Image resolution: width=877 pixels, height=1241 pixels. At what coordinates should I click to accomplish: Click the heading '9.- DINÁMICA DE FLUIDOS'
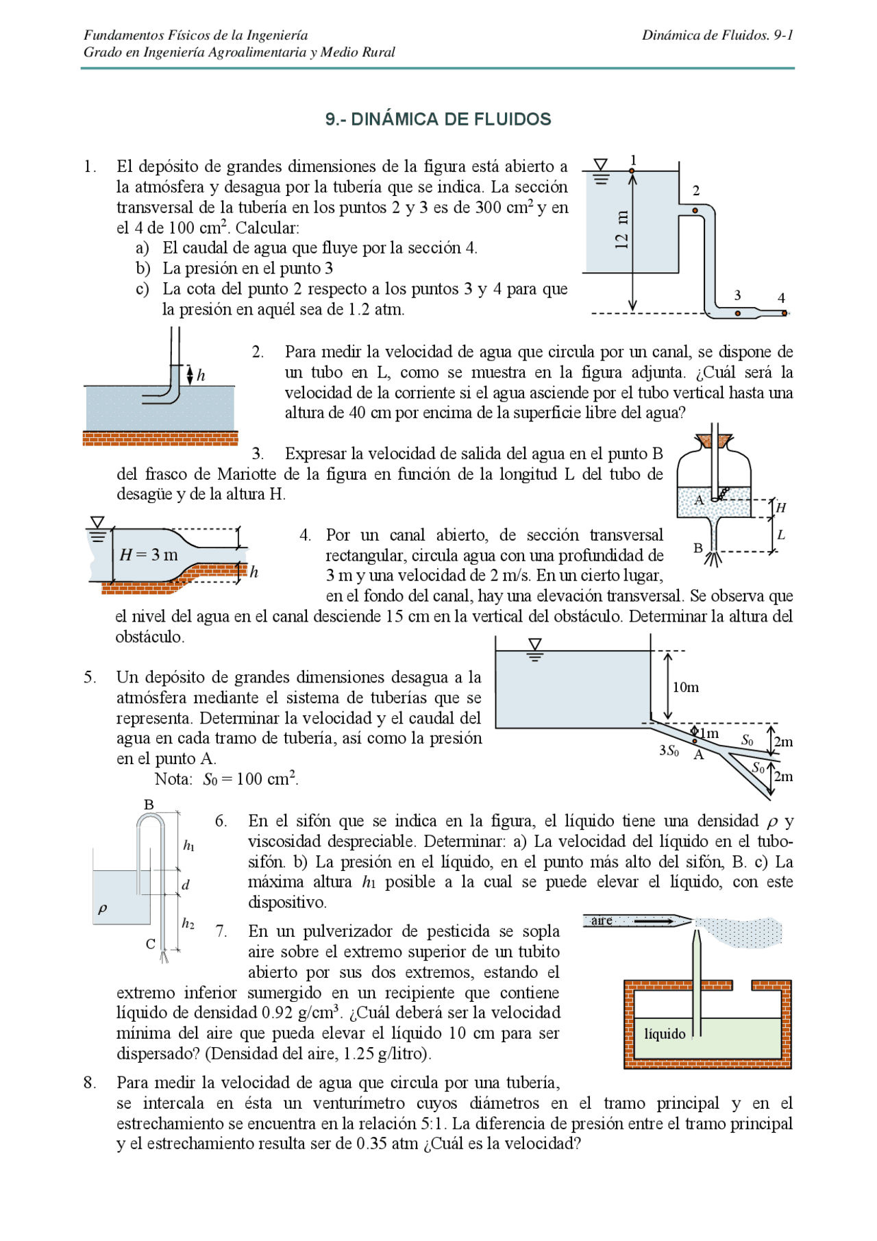tap(438, 119)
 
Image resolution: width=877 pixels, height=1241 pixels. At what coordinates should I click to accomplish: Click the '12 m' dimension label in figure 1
tap(621, 230)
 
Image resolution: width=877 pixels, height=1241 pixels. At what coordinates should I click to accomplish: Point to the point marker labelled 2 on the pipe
tap(695, 210)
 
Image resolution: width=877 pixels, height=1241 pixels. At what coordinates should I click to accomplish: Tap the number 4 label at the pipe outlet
tap(781, 298)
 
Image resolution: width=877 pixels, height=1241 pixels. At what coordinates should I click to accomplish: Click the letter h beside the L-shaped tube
tap(201, 376)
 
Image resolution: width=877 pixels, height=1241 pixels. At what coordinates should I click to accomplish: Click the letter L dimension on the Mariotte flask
tap(781, 535)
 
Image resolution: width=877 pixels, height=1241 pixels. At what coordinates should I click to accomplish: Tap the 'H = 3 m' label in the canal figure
tap(149, 554)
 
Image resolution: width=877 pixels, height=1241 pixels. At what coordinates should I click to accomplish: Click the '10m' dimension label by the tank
tap(685, 687)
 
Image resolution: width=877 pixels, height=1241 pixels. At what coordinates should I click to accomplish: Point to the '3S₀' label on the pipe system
tap(669, 750)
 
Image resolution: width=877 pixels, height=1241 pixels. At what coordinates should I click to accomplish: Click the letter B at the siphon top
tap(149, 805)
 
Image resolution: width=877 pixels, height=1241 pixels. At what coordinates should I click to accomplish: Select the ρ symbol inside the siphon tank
tap(103, 909)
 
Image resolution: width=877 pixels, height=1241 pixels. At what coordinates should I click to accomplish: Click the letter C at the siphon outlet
tap(151, 944)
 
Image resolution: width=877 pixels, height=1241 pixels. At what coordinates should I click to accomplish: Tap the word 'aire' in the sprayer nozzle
tap(602, 921)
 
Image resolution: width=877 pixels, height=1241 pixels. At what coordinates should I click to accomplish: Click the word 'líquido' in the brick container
tap(665, 1033)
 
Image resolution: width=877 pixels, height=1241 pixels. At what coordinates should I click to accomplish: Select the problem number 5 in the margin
tap(90, 678)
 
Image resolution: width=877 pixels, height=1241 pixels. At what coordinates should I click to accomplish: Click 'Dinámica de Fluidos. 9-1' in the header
tap(717, 35)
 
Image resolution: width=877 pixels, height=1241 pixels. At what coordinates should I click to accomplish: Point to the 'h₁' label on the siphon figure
tap(188, 846)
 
